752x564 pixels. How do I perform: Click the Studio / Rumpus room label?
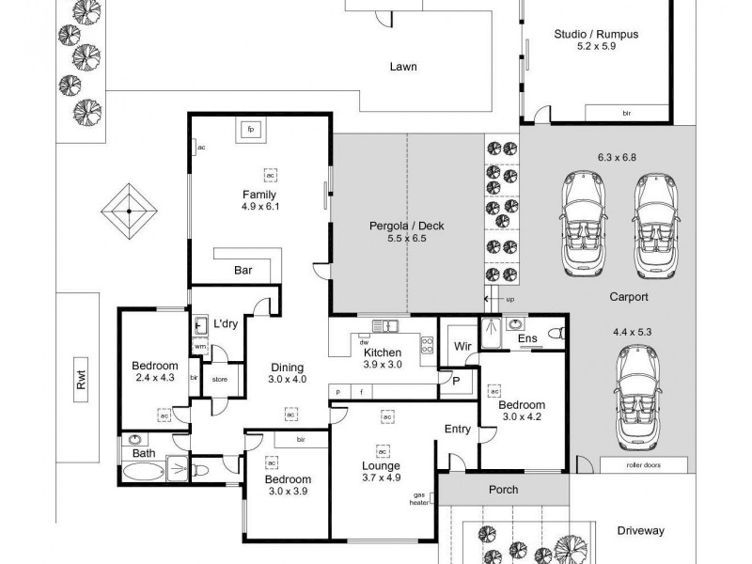595,35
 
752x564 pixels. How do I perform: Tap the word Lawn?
403,67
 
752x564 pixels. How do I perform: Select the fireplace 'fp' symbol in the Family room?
251,130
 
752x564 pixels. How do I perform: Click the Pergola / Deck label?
407,226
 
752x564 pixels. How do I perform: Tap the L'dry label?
225,323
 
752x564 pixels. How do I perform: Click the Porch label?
503,490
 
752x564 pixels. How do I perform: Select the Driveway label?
640,530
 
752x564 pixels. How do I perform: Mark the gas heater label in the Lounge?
420,498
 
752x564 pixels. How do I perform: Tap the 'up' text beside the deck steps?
511,300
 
